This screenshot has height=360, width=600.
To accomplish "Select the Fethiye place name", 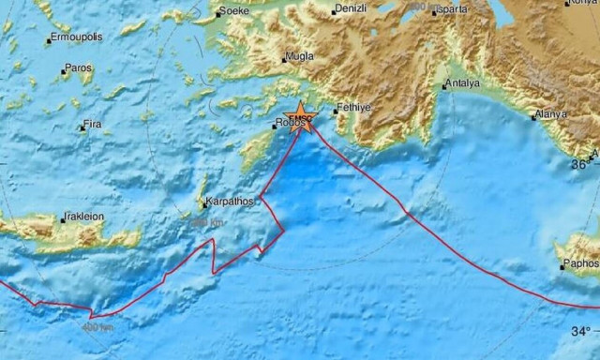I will [354, 108].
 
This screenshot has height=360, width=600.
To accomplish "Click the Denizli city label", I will [353, 9].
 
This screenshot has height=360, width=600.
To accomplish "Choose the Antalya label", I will [464, 83].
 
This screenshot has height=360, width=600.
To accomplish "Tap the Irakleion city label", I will [85, 217].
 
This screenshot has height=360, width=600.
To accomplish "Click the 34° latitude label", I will [581, 331].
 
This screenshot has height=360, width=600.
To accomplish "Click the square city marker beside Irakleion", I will [63, 219].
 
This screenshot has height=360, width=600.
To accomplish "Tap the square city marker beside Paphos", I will [562, 266].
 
